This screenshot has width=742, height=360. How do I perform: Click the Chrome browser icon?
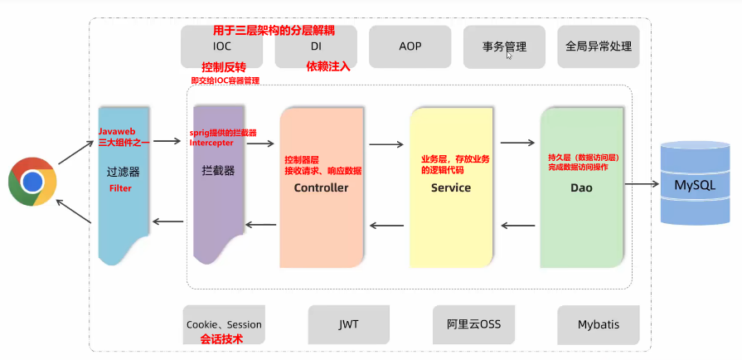coord(32,182)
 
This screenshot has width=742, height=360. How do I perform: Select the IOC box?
coord(222,46)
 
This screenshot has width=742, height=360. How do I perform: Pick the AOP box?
coord(410,46)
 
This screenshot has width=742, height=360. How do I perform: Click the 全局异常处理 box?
coord(598,46)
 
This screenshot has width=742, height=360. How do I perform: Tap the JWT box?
coord(348,324)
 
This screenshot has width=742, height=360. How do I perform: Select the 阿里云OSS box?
coord(473,324)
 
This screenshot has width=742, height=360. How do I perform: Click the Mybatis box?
coord(598,324)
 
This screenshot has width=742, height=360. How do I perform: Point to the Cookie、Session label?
coord(223,324)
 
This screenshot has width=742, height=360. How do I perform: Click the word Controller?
coord(321,187)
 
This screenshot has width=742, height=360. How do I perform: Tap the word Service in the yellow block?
coord(451,187)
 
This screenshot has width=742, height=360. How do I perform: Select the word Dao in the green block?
coord(581,187)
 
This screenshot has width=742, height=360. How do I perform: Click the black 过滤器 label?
coord(123,173)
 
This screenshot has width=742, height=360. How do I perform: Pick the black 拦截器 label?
coord(218,171)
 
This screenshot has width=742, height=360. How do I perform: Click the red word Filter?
coord(120,188)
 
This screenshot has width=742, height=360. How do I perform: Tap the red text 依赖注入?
coord(328,67)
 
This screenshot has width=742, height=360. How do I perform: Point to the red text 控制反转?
coord(224,66)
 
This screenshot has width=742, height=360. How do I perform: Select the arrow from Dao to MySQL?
coord(642,183)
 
